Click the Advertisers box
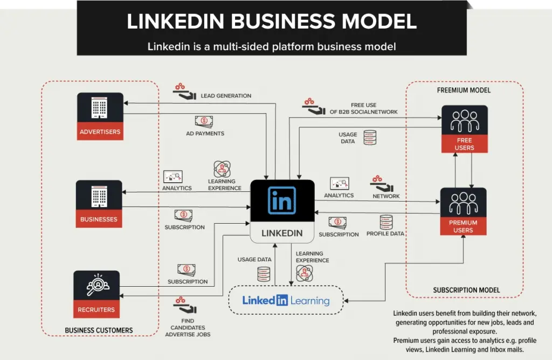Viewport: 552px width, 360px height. (100, 116)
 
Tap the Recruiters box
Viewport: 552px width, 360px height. (96, 294)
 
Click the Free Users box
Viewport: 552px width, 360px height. (464, 129)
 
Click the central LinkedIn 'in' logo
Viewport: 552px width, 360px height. (282, 200)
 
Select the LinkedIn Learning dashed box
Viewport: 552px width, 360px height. (286, 300)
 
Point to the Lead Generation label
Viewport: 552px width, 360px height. (226, 96)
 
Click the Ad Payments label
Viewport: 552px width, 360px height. (205, 133)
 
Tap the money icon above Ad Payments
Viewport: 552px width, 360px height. (204, 121)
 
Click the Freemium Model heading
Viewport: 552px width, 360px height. (464, 91)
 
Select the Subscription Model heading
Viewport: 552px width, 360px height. (466, 290)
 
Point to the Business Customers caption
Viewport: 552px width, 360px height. (99, 330)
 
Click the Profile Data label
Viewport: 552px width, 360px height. (385, 234)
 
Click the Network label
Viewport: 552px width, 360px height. (386, 196)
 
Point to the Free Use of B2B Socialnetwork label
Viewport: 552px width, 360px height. (363, 108)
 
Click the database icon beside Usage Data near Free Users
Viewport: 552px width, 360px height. (370, 137)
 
